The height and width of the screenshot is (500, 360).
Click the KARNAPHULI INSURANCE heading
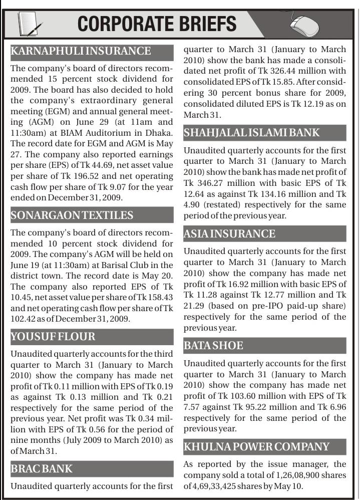(80, 51)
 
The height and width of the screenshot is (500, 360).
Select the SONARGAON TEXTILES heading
(72, 215)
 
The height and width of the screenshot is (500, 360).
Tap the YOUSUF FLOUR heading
(53, 337)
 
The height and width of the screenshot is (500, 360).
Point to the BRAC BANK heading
(42, 469)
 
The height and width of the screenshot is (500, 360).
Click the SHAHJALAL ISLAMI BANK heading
(251, 133)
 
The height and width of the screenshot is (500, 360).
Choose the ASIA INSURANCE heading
(229, 234)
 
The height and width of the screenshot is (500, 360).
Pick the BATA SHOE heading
(213, 346)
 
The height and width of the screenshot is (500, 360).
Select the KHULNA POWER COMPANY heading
(256, 446)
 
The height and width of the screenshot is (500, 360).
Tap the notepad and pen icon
(30, 23)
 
